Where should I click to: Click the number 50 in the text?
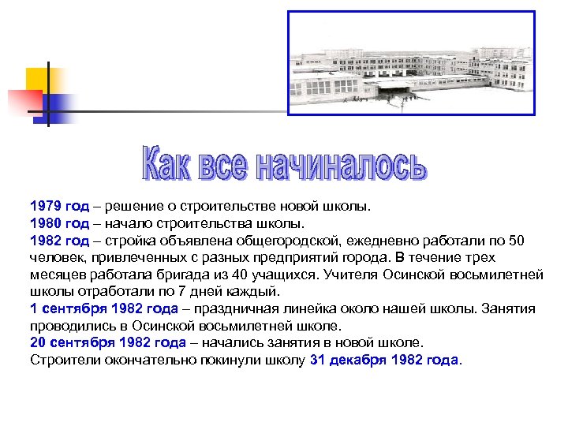516,241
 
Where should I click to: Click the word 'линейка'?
311,308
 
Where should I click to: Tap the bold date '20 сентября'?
74,343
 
